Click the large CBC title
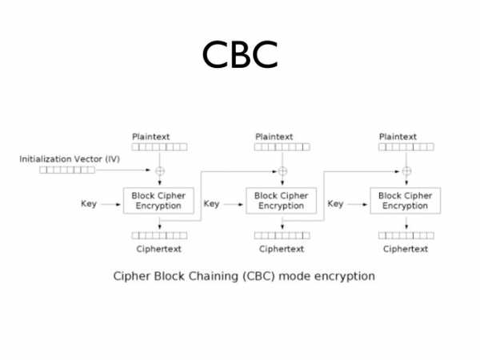point(240,54)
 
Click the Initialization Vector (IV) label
point(70,159)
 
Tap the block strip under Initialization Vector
point(67,170)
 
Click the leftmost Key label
point(89,204)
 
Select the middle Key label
point(211,204)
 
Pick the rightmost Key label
point(335,204)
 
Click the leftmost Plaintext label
point(151,137)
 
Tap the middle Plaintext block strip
point(282,147)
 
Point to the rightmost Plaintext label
point(398,137)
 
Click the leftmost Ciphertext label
point(159,249)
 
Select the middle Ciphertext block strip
point(282,235)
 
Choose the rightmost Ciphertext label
point(406,249)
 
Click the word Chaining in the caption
point(214,277)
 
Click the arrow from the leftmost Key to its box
point(111,204)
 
